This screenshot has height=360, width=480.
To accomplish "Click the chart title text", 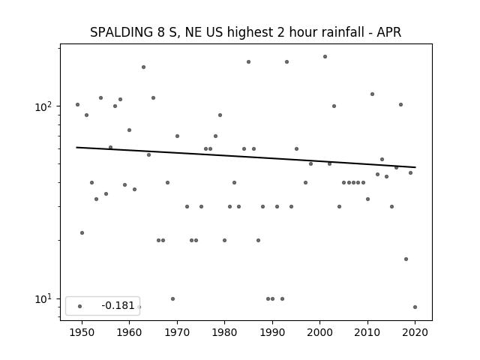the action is tap(245, 32).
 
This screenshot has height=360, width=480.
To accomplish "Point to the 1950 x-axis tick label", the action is tap(82, 332).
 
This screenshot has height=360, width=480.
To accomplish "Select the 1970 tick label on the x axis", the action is tap(177, 332).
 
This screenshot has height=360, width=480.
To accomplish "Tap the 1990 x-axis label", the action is tap(272, 332).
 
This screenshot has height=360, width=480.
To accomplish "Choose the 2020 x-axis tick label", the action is tap(415, 332).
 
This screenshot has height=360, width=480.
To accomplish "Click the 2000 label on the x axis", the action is tap(320, 332).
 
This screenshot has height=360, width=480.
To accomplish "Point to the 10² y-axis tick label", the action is tap(43, 106).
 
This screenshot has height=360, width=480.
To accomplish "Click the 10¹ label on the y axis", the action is tap(43, 298).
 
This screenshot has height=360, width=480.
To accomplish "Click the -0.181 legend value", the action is tap(118, 305).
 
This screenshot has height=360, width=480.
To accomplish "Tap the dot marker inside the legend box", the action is tap(80, 306).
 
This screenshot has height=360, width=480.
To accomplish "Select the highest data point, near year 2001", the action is tap(325, 57).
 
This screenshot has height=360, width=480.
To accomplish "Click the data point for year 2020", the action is tap(415, 307).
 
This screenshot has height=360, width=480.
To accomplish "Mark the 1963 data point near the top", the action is tap(143, 67).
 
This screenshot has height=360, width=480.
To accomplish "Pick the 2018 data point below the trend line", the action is tap(406, 259).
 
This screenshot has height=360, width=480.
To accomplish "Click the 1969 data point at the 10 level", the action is tap(173, 298).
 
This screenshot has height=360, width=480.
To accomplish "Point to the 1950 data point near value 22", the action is tap(82, 233).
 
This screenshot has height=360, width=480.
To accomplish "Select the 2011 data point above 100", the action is tap(372, 94).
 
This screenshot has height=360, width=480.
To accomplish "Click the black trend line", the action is tap(246, 157).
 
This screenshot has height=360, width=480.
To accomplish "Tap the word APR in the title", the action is tap(388, 32).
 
